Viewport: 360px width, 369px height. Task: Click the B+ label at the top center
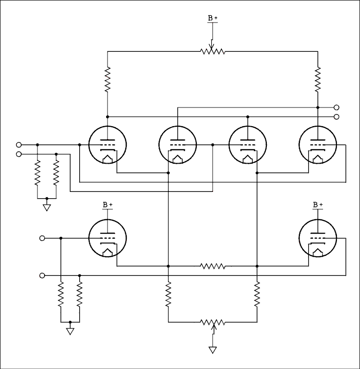[x=212, y=18]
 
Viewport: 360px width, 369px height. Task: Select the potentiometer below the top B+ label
[x=212, y=51]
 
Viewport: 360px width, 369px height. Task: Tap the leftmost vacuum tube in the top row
[x=107, y=144]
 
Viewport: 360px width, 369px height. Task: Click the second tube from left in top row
[x=177, y=144]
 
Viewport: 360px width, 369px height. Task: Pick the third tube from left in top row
[x=247, y=144]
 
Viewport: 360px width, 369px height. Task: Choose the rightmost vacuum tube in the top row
[x=317, y=144]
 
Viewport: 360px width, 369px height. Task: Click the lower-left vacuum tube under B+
[x=107, y=238]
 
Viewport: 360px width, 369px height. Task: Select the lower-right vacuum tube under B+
[x=317, y=238]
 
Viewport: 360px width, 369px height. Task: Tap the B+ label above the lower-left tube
[x=107, y=205]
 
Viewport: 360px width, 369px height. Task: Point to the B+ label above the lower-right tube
[x=317, y=205]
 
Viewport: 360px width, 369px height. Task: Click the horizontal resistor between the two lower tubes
[x=212, y=266]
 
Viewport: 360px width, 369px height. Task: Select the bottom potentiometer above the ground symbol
[x=212, y=322]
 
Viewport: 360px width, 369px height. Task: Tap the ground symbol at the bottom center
[x=212, y=350]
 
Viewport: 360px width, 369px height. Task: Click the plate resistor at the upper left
[x=107, y=79]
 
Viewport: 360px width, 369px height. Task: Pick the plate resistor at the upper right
[x=317, y=79]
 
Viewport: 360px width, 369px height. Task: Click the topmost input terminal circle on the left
[x=19, y=144]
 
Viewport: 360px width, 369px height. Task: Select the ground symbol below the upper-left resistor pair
[x=47, y=207]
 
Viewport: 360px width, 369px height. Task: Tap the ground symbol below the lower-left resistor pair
[x=70, y=331]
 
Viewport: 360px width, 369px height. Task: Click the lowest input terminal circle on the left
[x=42, y=275]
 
